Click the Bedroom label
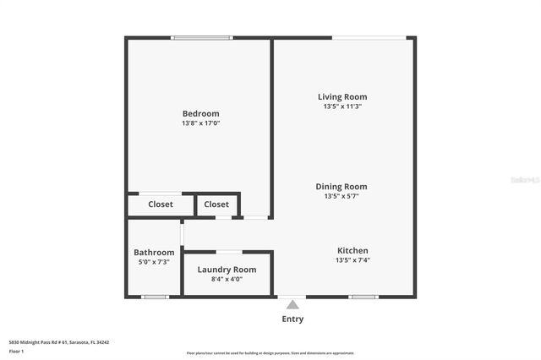(200, 114)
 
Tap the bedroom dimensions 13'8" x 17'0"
(200, 123)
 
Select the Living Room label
(342, 97)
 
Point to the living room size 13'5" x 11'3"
(342, 106)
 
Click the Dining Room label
(342, 187)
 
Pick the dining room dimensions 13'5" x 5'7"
(342, 196)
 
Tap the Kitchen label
(352, 251)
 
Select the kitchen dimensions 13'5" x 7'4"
(352, 260)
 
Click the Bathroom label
(154, 253)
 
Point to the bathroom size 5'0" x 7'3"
(154, 262)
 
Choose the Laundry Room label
(227, 270)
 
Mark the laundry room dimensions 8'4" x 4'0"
(227, 279)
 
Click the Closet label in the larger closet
(161, 205)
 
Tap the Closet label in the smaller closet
(216, 205)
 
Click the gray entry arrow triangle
(292, 304)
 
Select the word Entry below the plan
(292, 319)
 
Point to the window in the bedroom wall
(200, 38)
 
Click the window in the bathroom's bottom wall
(155, 297)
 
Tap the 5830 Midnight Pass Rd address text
(59, 342)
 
